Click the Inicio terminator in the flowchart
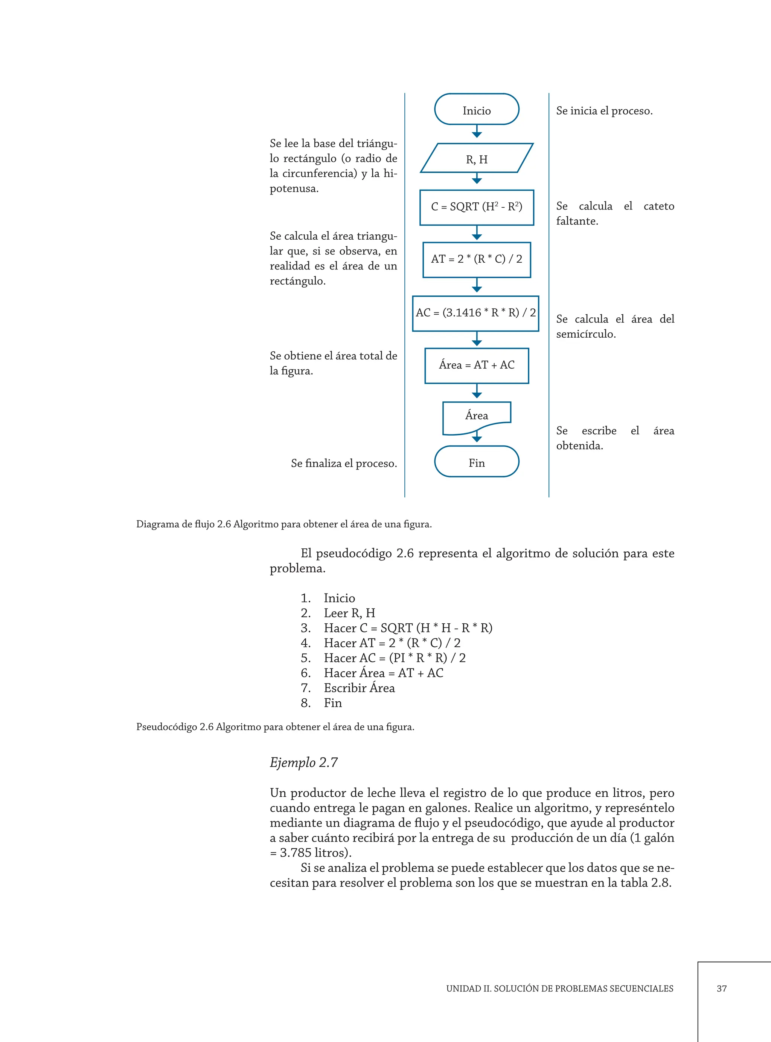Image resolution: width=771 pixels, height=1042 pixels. (477, 109)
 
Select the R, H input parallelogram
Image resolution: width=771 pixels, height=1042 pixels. (477, 158)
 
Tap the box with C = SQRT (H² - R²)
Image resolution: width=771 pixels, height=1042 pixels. (477, 207)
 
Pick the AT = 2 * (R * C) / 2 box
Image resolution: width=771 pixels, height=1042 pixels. (477, 260)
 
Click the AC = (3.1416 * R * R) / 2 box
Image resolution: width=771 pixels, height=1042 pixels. (475, 314)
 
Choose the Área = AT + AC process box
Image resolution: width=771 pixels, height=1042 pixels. (477, 366)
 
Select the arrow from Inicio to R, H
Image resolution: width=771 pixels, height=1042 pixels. (477, 132)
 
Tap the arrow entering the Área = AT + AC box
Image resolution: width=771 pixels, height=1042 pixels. (477, 340)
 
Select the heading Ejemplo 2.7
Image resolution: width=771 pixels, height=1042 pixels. (303, 762)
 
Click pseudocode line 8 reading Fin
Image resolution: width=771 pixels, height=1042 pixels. (332, 703)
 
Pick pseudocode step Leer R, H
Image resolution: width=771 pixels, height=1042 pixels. (349, 613)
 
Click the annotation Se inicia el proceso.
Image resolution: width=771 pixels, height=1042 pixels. (604, 111)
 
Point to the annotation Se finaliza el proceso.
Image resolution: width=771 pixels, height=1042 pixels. (344, 463)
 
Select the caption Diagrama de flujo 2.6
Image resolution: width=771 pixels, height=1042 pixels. (284, 524)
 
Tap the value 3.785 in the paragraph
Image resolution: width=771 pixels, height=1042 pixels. (296, 853)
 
